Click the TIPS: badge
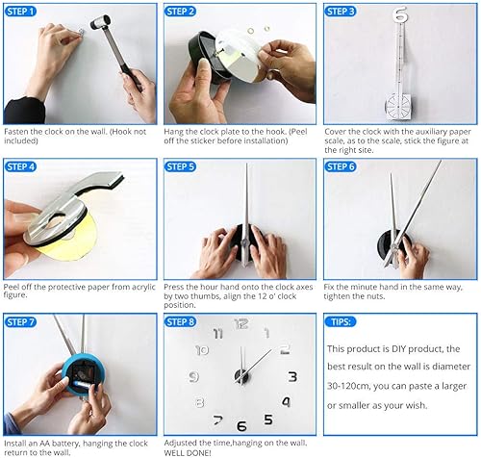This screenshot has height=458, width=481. coord(340,321)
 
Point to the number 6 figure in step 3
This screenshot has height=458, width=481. coord(401,15)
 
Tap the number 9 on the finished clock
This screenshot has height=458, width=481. coord(194,376)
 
